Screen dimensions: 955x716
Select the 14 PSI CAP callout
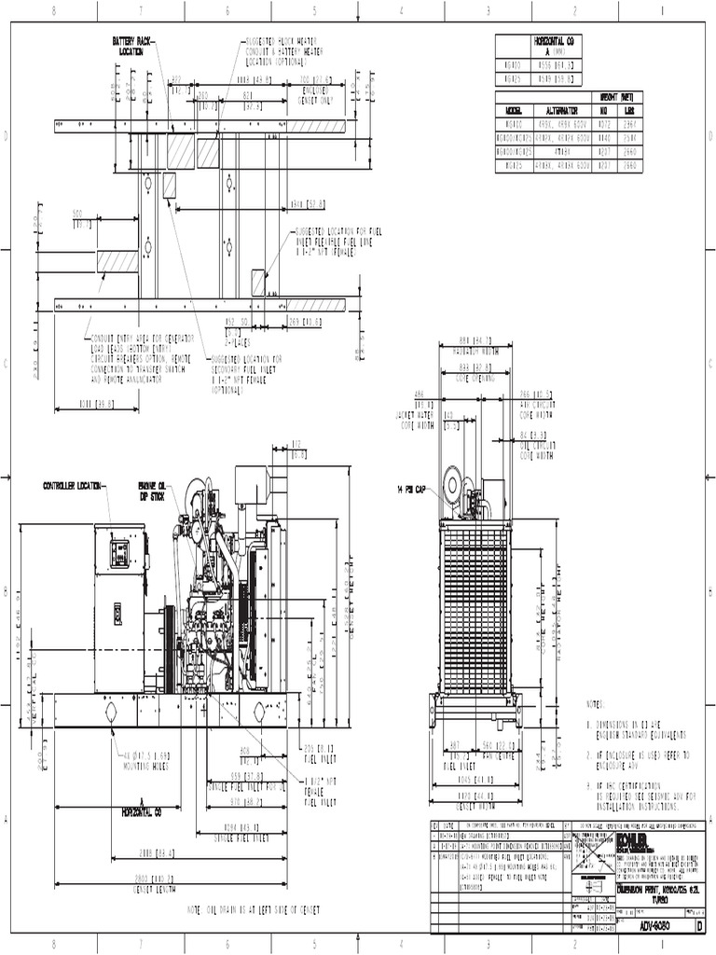412,488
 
